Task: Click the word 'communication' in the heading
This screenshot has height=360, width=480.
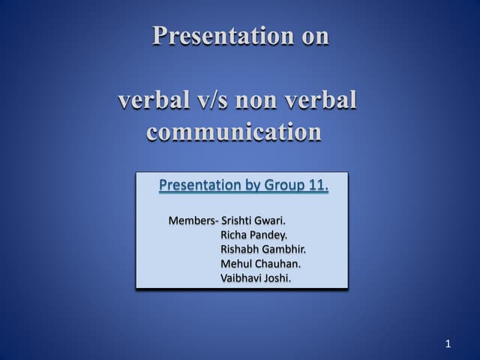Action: point(234,132)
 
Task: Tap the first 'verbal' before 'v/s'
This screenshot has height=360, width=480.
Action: point(153,100)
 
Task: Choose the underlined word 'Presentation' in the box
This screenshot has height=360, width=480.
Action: point(199,185)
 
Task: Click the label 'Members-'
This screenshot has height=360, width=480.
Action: point(193,220)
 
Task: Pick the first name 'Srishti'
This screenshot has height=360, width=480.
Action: point(237,220)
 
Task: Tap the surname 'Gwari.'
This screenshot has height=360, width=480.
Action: point(271,220)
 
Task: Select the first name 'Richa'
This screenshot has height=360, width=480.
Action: point(235,235)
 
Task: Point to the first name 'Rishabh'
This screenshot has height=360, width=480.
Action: point(239,249)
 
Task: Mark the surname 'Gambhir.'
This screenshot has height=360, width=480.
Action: point(284,249)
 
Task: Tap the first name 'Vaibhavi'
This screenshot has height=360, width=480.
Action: point(241,277)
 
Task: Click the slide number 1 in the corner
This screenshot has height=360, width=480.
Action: point(448,344)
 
